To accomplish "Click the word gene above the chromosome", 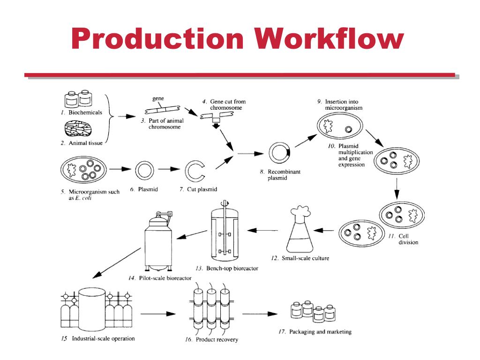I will [158, 99].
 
